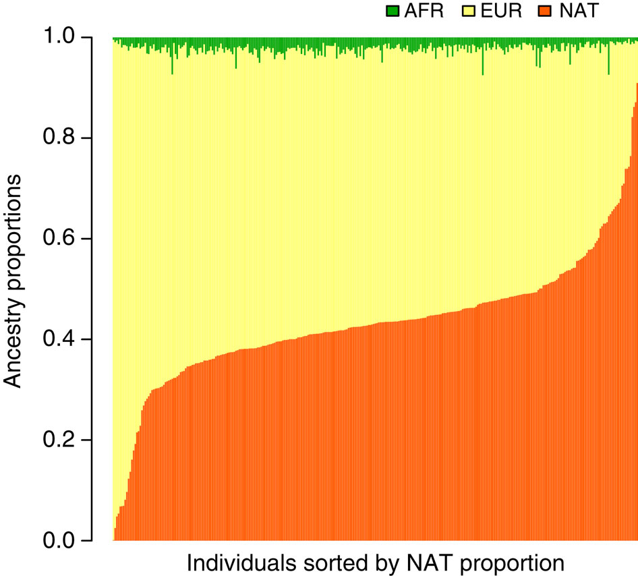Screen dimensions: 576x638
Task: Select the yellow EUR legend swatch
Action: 465,11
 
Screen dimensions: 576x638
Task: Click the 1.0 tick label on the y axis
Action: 70,38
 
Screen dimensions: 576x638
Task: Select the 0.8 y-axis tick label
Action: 70,139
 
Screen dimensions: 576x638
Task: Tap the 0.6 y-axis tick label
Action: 70,239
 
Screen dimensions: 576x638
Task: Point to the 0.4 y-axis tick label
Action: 70,339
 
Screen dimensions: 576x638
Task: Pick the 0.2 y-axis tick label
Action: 70,440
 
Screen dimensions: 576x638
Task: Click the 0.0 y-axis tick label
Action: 70,540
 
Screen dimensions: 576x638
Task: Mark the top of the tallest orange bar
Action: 636,84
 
